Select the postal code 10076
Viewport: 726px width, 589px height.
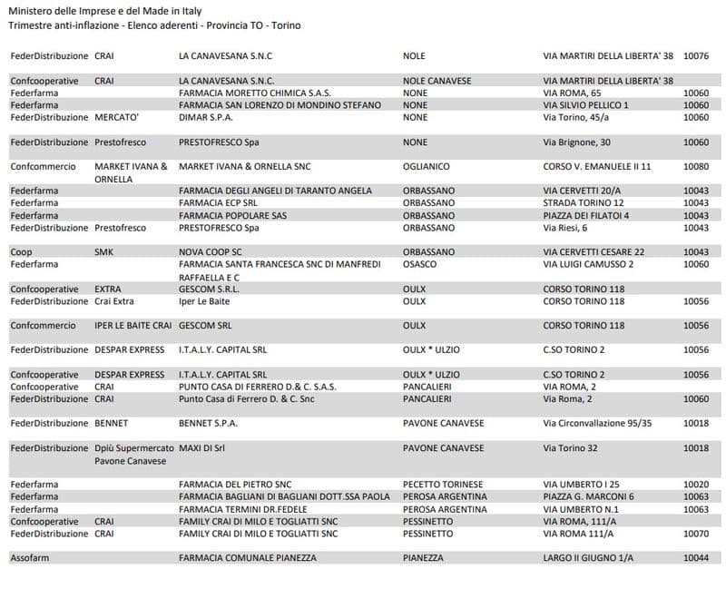696,56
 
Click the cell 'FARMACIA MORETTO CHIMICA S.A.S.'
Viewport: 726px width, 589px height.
255,93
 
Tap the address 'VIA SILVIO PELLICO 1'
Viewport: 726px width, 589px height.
585,105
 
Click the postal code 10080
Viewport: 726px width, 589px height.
696,167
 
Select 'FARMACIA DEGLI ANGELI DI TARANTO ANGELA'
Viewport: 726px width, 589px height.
276,191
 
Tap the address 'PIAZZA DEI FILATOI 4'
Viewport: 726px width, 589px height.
585,216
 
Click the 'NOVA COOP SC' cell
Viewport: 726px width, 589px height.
211,251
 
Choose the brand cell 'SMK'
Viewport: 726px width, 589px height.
105,251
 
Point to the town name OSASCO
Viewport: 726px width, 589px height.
419,264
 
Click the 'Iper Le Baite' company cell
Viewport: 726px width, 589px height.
205,300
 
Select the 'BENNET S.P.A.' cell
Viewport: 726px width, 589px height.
208,423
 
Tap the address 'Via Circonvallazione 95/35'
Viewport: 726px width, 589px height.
597,423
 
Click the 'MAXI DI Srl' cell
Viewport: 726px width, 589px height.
202,448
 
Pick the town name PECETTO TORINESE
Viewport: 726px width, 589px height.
443,485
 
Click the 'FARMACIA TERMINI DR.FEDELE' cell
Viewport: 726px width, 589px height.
245,509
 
